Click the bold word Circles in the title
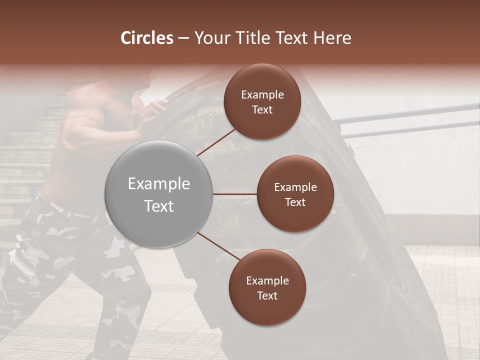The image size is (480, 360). (147, 38)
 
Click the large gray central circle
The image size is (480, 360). (158, 194)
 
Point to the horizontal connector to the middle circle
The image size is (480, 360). (235, 194)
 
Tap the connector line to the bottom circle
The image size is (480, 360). (218, 246)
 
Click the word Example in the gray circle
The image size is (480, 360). (158, 184)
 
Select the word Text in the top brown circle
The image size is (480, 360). (262, 109)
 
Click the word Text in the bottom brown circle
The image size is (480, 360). (267, 295)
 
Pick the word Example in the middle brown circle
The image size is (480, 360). (295, 187)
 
